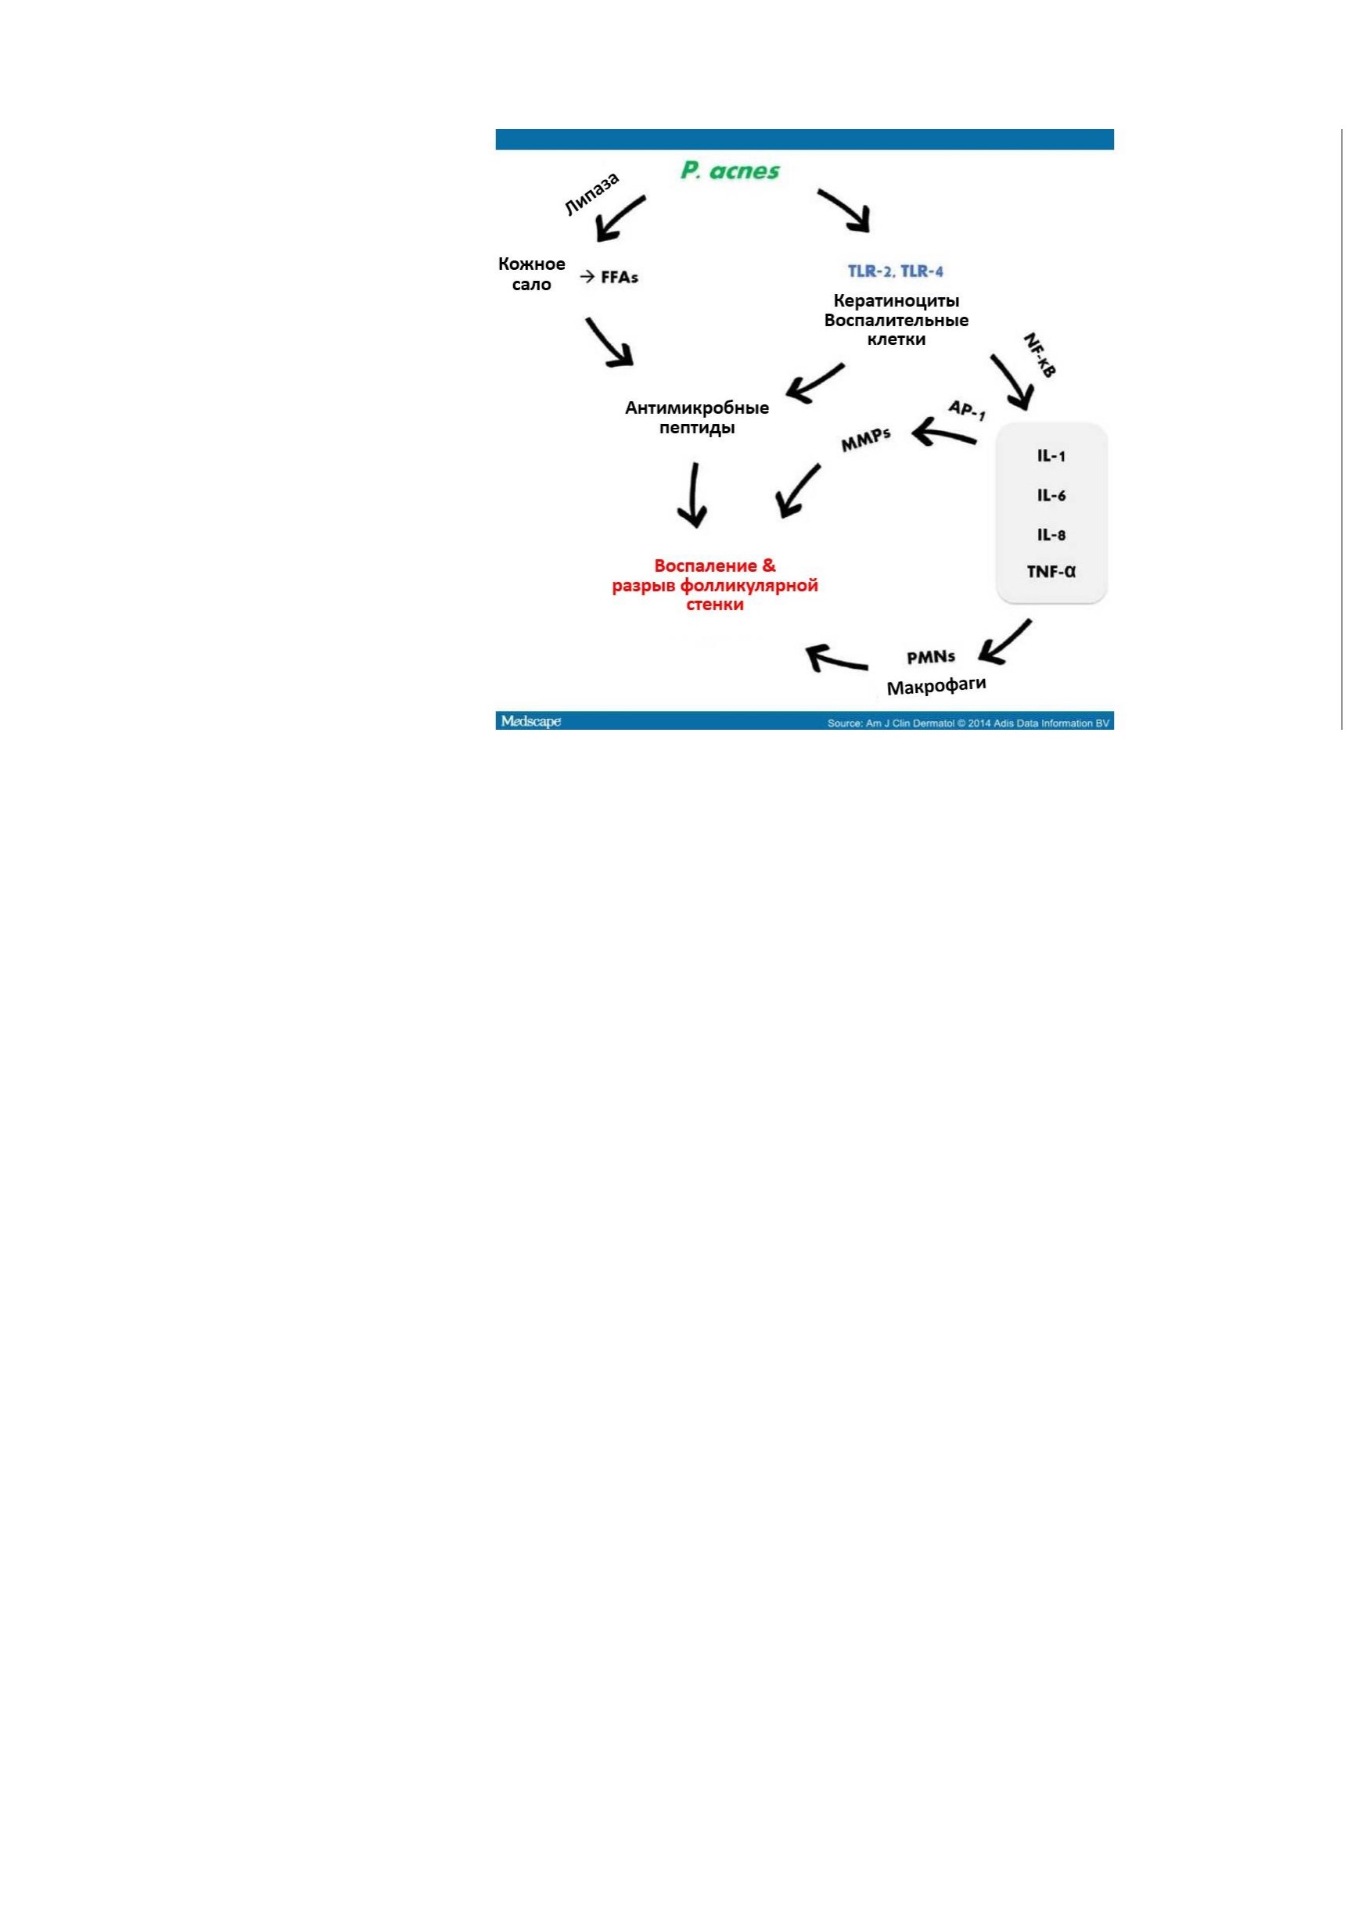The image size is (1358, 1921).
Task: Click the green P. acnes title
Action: pos(730,171)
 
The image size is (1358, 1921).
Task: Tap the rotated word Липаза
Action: pos(591,194)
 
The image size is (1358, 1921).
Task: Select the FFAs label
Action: pos(620,277)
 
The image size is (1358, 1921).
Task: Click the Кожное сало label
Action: pos(531,275)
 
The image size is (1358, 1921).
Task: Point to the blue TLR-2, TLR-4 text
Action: pos(895,271)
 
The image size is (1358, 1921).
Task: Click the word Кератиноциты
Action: pos(896,300)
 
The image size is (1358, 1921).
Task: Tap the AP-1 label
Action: pos(966,410)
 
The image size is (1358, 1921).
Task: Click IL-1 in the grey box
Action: pos(1051,456)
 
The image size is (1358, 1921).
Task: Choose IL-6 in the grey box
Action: pos(1051,495)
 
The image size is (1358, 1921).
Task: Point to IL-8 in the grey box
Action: pos(1051,535)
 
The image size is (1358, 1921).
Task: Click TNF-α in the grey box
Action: pos(1051,573)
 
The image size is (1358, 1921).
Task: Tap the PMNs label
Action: pos(930,657)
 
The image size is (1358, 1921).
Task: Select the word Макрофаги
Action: pos(936,686)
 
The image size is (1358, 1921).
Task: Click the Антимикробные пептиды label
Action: pos(697,418)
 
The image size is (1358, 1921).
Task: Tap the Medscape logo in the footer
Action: pos(530,721)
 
